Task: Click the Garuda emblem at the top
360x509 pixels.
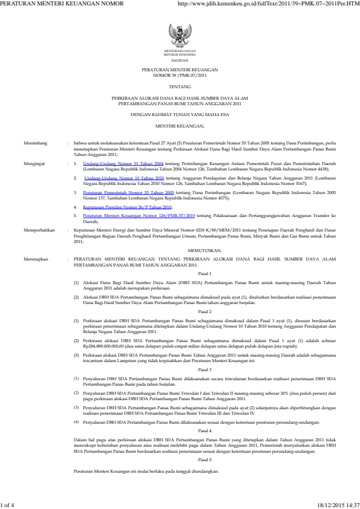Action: (180, 33)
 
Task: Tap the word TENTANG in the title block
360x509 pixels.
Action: (180, 86)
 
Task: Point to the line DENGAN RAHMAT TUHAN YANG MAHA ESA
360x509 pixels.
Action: (180, 114)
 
